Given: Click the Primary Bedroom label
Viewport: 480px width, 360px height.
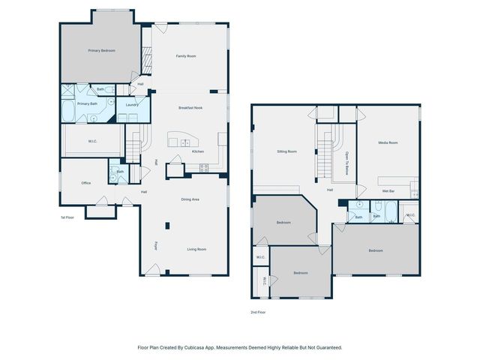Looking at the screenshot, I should click(x=101, y=50).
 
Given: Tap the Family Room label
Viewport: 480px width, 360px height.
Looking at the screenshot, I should click(x=186, y=56).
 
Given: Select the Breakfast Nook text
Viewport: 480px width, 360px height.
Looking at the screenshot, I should click(x=192, y=108).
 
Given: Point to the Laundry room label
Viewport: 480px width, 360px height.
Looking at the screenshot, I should click(x=132, y=105).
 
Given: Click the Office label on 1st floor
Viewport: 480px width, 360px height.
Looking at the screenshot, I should click(x=86, y=183).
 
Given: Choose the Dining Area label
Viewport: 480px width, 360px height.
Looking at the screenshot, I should click(x=190, y=199).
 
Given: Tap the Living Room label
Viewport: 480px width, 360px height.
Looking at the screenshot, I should click(x=196, y=249).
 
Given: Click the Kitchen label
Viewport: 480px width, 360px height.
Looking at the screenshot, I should click(x=198, y=151).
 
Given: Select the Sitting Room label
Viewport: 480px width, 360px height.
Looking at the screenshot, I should click(x=286, y=151).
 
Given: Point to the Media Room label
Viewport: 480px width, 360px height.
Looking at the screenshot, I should click(x=388, y=142).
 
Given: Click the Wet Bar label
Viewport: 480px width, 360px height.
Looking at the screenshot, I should click(x=388, y=191).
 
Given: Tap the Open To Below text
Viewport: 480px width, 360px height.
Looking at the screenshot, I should click(x=348, y=163).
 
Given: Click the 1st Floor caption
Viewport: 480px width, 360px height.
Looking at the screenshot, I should click(x=67, y=217).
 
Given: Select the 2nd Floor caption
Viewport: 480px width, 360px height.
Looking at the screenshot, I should click(x=258, y=312).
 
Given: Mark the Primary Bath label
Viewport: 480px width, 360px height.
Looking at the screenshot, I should click(x=87, y=103).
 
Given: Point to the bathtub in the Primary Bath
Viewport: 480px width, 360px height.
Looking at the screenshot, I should click(x=67, y=113).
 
